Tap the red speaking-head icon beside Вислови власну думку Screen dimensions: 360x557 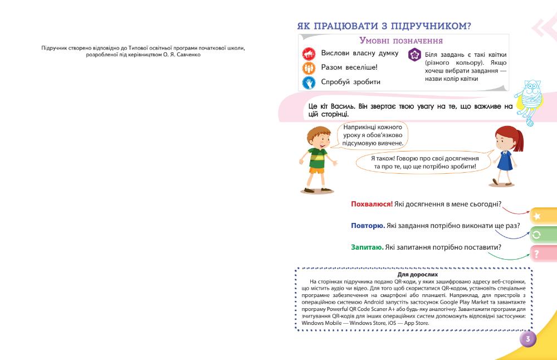(x=309, y=54)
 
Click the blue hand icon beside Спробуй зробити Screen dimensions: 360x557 (x=309, y=82)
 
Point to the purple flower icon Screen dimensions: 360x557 (x=415, y=55)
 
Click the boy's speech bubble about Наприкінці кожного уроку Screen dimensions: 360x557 (x=373, y=135)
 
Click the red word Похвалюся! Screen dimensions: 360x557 (x=372, y=205)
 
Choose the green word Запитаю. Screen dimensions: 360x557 (x=367, y=247)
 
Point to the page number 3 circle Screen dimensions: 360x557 (x=527, y=338)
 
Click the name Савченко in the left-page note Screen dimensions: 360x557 (x=185, y=55)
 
